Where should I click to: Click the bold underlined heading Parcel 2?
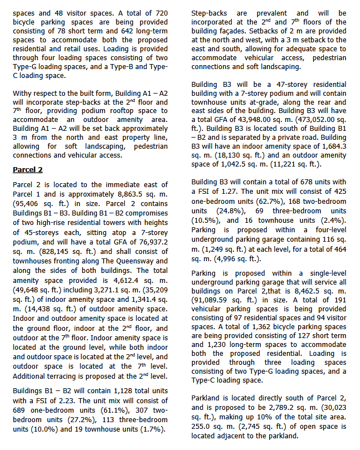(x=27, y=169)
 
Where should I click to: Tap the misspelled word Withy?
(x=23, y=94)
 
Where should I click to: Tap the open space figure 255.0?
(x=203, y=427)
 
